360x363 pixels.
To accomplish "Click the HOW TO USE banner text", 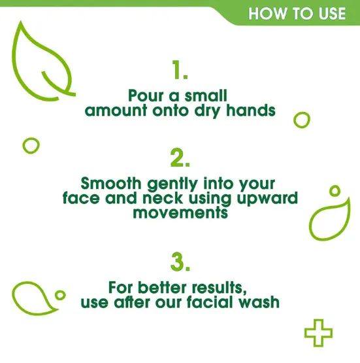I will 297,12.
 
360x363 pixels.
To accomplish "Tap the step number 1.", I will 180,69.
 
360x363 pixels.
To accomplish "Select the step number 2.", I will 180,158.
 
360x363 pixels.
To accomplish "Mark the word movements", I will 180,213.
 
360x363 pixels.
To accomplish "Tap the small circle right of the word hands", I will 301,120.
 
